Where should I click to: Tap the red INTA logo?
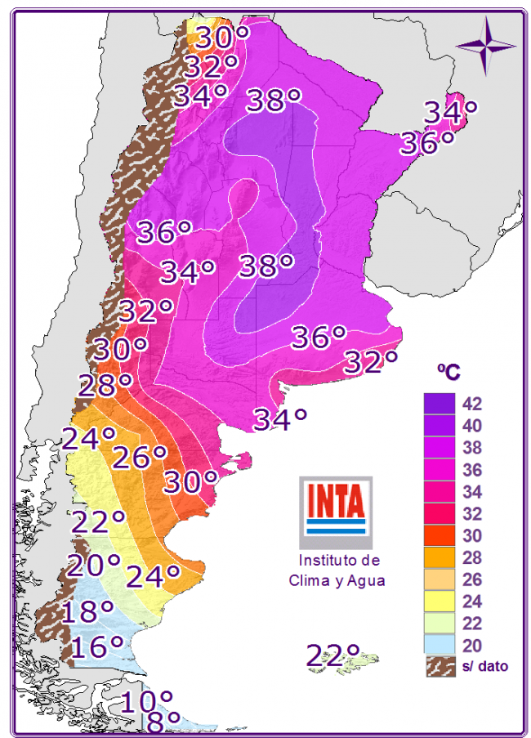335,506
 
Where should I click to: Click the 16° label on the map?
97,646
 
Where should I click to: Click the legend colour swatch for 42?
439,404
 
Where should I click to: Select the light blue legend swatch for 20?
439,645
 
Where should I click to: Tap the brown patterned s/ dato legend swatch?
439,666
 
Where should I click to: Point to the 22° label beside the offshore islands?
333,655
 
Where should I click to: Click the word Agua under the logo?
364,580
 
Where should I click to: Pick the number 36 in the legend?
472,470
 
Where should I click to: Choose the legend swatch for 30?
439,535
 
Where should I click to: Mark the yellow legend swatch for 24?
439,602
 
